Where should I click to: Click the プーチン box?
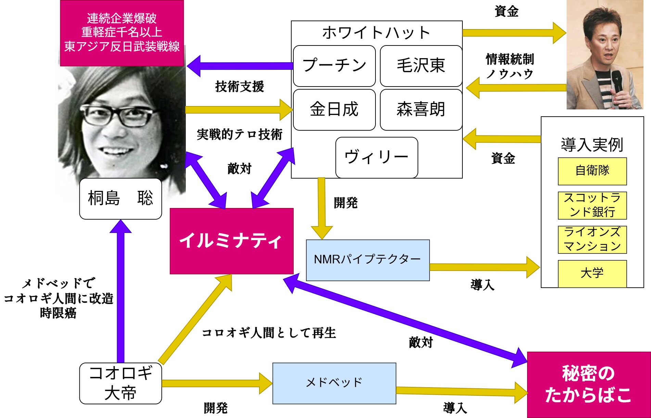(334, 66)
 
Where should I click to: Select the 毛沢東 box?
(421, 66)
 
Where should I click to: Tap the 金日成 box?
(334, 109)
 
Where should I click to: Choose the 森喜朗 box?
(421, 109)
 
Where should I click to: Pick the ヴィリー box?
(376, 157)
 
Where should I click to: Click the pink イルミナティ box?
(231, 241)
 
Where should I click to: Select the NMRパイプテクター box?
(368, 260)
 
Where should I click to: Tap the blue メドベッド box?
(334, 383)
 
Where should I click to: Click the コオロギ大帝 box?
(120, 383)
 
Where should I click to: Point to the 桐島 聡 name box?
(120, 198)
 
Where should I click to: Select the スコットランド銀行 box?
(592, 205)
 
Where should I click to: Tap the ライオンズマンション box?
(592, 239)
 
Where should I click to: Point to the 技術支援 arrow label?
(240, 87)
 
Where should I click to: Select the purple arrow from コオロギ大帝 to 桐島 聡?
(120, 291)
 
